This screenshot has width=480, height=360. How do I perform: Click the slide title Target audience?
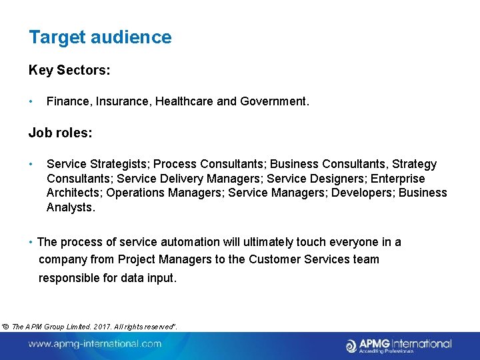[100, 37]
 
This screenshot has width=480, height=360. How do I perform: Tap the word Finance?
[69, 101]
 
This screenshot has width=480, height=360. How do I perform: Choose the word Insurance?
[123, 101]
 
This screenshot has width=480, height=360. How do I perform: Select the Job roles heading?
[60, 133]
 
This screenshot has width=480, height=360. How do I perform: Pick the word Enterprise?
[397, 179]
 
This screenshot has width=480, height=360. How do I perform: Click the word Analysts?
[71, 207]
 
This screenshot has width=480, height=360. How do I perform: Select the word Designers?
[337, 179]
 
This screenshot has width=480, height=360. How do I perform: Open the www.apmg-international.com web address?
[95, 344]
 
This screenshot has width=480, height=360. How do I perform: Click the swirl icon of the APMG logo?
[351, 345]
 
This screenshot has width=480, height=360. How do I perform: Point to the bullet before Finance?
[31, 101]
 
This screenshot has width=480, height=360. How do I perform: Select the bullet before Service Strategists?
[31, 164]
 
